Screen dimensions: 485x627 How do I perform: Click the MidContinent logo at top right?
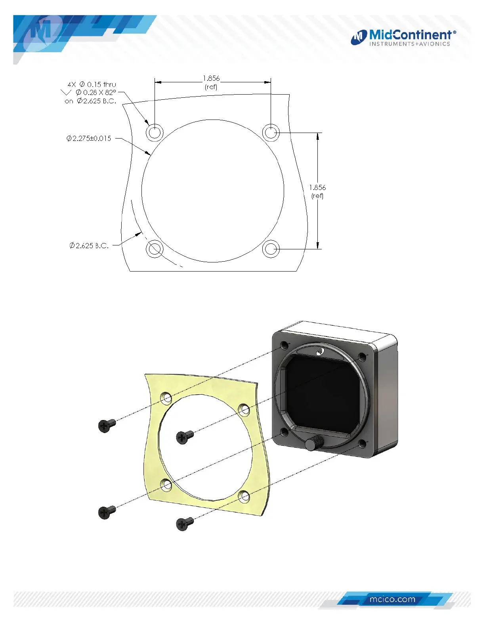[x=403, y=38]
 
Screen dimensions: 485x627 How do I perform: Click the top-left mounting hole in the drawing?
[x=155, y=132]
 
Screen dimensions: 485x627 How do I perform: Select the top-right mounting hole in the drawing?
[x=271, y=132]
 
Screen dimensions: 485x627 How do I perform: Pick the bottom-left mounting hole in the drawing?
[x=155, y=249]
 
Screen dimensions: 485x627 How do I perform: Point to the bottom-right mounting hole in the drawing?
[x=271, y=249]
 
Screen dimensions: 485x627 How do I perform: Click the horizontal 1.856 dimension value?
[x=211, y=78]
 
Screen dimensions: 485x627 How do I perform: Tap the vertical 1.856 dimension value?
[x=317, y=188]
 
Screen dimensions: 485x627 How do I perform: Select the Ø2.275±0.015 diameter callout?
[x=89, y=139]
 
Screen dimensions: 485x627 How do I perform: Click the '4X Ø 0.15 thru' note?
[x=92, y=84]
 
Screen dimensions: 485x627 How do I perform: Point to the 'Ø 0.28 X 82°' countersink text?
[x=96, y=93]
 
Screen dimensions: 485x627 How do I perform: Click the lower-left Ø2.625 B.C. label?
[x=89, y=246]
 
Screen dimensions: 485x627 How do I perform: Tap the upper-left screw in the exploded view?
[x=106, y=425]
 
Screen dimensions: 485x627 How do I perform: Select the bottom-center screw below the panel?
[x=184, y=523]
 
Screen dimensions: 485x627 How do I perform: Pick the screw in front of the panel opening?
[x=184, y=437]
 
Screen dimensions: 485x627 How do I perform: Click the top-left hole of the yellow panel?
[x=166, y=397]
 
